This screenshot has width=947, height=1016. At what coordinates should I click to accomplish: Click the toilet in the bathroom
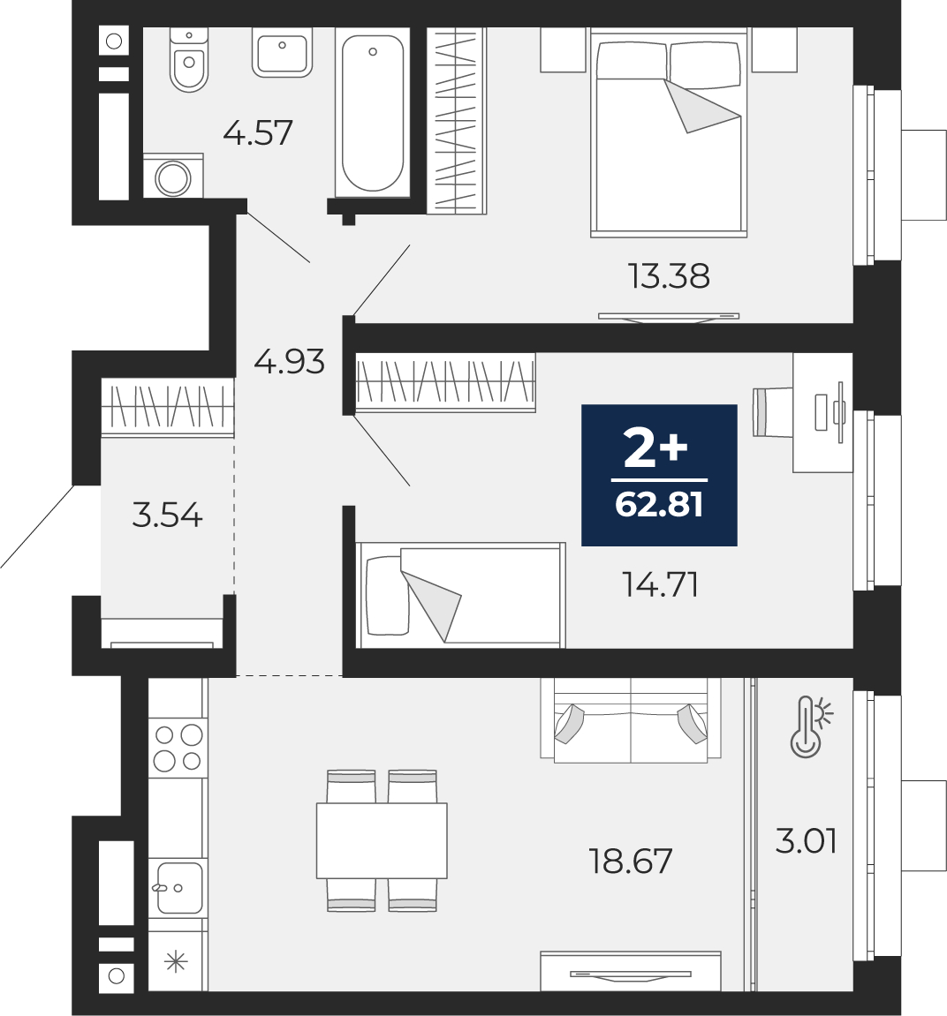pyautogui.click(x=189, y=59)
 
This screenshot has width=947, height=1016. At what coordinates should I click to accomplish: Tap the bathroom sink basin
pyautogui.click(x=282, y=52)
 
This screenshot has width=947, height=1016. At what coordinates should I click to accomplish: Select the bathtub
pyautogui.click(x=372, y=112)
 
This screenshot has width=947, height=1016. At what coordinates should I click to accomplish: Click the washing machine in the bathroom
pyautogui.click(x=173, y=177)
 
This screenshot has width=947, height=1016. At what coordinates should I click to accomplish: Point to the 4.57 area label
pyautogui.click(x=257, y=132)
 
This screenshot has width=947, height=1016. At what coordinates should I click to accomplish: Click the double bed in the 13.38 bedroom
pyautogui.click(x=669, y=132)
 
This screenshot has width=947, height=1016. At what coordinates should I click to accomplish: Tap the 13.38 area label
pyautogui.click(x=669, y=276)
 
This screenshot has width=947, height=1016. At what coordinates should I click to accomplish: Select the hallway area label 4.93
pyautogui.click(x=289, y=362)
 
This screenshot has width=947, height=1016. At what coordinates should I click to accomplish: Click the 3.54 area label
pyautogui.click(x=167, y=516)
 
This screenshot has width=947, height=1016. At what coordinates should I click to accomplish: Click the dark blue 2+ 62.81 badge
pyautogui.click(x=659, y=475)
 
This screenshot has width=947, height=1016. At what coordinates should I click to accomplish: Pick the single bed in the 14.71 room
pyautogui.click(x=460, y=595)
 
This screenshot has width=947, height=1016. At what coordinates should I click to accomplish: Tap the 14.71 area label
pyautogui.click(x=660, y=584)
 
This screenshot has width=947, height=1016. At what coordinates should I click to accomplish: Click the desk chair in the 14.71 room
pyautogui.click(x=772, y=411)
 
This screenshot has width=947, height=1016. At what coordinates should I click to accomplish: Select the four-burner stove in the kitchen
pyautogui.click(x=178, y=748)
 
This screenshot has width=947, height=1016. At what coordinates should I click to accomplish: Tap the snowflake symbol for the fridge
pyautogui.click(x=176, y=962)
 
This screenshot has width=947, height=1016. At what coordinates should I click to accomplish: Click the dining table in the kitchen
pyautogui.click(x=382, y=840)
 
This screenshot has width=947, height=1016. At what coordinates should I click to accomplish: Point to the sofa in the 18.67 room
pyautogui.click(x=631, y=719)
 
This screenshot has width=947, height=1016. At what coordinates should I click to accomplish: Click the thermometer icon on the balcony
pyautogui.click(x=810, y=726)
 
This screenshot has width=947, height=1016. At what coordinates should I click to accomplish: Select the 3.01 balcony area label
pyautogui.click(x=807, y=841)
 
